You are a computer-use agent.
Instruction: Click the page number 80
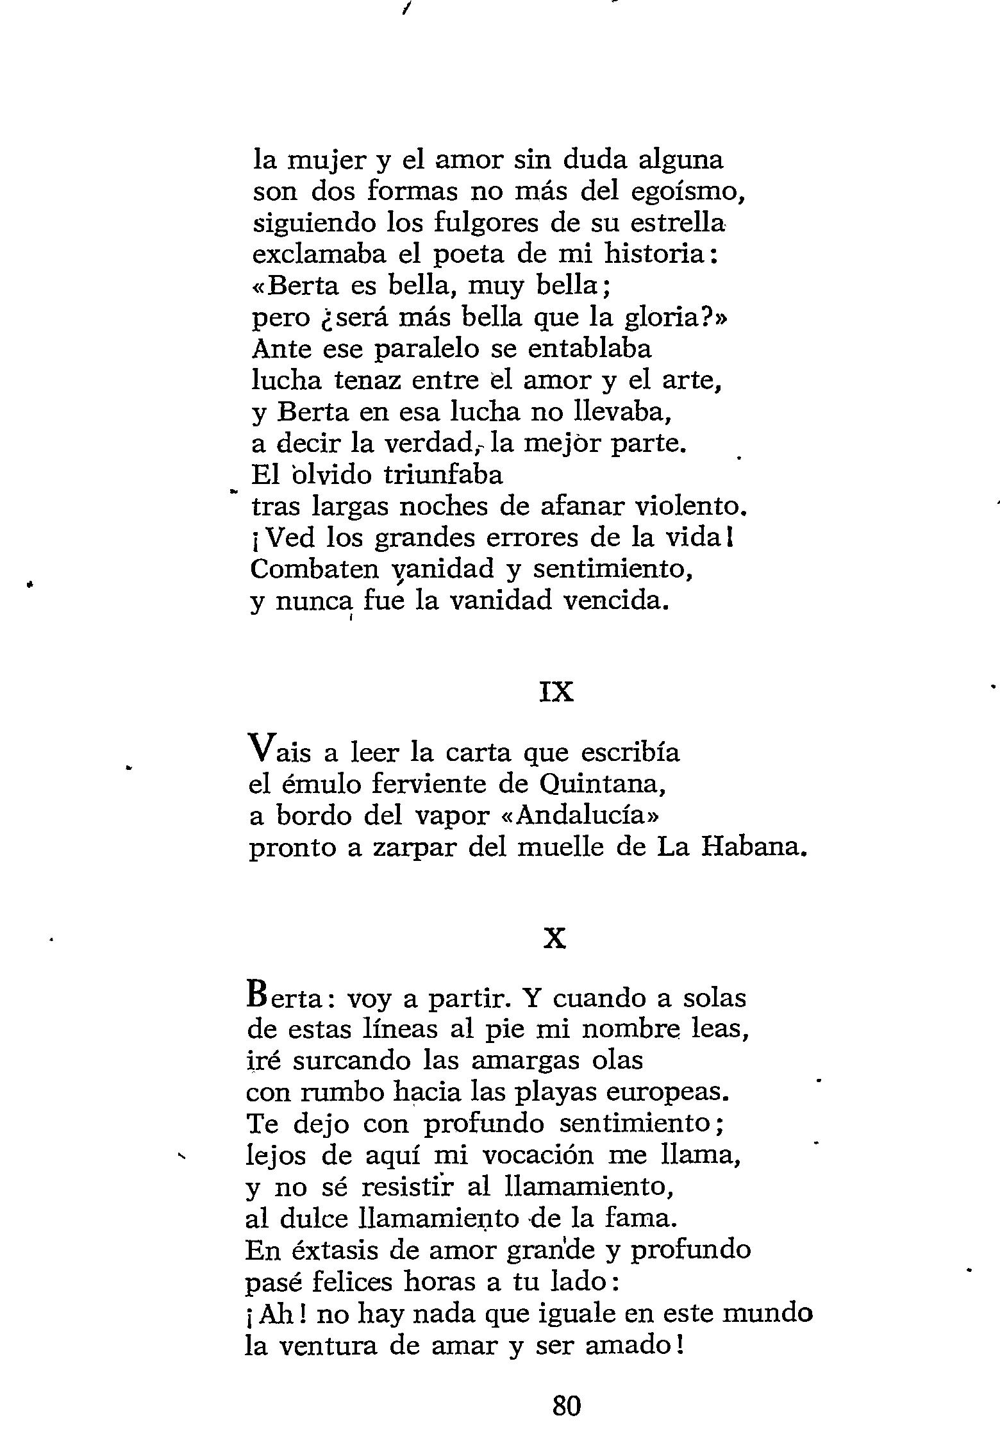(566, 1406)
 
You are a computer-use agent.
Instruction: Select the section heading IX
(556, 692)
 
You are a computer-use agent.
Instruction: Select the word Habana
(753, 847)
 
